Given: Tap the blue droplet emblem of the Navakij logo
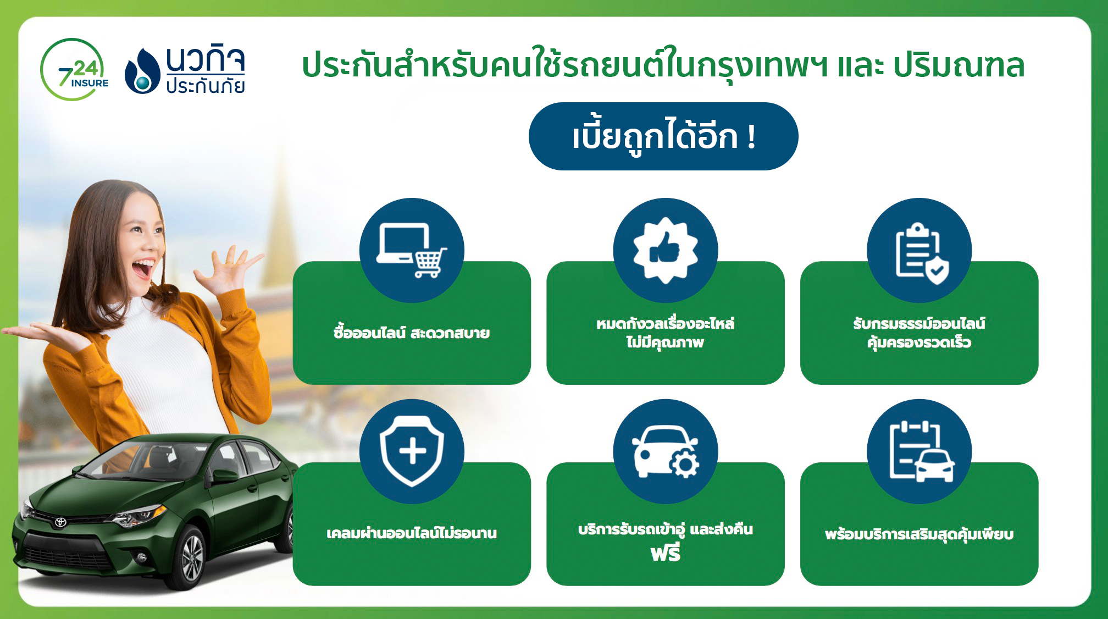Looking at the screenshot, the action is pos(142,71).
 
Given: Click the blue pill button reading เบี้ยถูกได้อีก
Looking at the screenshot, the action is pos(663,136).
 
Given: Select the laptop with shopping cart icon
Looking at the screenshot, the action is pos(412,250).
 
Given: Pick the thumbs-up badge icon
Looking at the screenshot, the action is pos(666,250).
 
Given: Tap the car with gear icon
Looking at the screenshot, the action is pos(666,451).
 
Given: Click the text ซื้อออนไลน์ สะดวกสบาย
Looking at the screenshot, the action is pos(412,333).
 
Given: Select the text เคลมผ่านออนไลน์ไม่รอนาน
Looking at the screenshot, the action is pos(412,533).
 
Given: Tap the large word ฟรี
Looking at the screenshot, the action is pos(666,552).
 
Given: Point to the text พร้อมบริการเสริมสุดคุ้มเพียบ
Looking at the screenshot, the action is pos(919,534).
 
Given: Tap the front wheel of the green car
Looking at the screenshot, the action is pos(191,557).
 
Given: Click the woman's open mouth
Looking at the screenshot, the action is pos(142,268).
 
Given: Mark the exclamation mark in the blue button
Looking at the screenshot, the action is pos(751,137).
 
